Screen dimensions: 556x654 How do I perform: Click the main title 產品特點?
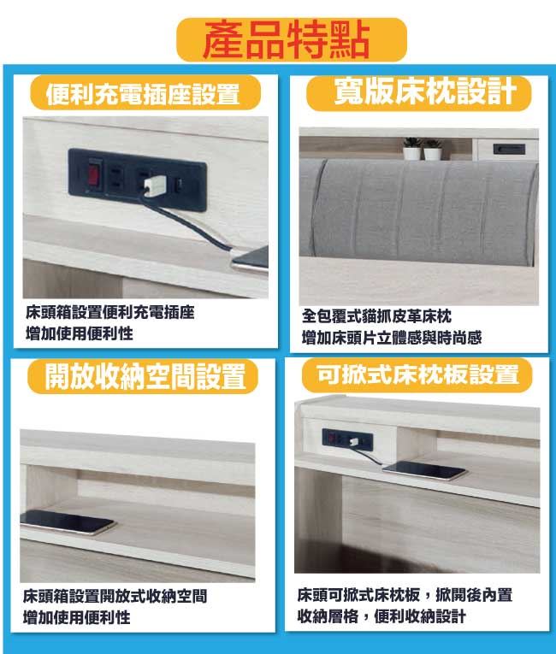(287, 40)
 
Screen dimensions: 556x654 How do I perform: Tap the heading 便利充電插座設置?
(143, 94)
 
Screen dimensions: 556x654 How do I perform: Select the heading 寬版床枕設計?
(425, 91)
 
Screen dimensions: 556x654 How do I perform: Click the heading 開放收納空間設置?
(145, 376)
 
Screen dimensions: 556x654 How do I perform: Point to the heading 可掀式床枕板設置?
(417, 374)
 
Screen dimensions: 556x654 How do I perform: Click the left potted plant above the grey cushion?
(412, 149)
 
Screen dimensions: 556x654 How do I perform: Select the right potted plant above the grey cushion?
(433, 150)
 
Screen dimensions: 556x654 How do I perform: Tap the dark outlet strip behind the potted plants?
(509, 149)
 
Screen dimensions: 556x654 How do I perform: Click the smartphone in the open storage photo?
(66, 521)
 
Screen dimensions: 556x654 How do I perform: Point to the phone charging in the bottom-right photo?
(424, 471)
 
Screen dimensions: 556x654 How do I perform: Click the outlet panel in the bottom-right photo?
(347, 439)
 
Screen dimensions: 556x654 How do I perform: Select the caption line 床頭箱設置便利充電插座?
(110, 312)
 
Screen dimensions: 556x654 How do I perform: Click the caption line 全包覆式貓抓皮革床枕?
(376, 316)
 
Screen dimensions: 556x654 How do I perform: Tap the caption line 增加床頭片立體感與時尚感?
(392, 338)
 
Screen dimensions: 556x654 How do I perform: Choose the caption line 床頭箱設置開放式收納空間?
(115, 596)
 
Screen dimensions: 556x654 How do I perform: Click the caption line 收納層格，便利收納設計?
(382, 616)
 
